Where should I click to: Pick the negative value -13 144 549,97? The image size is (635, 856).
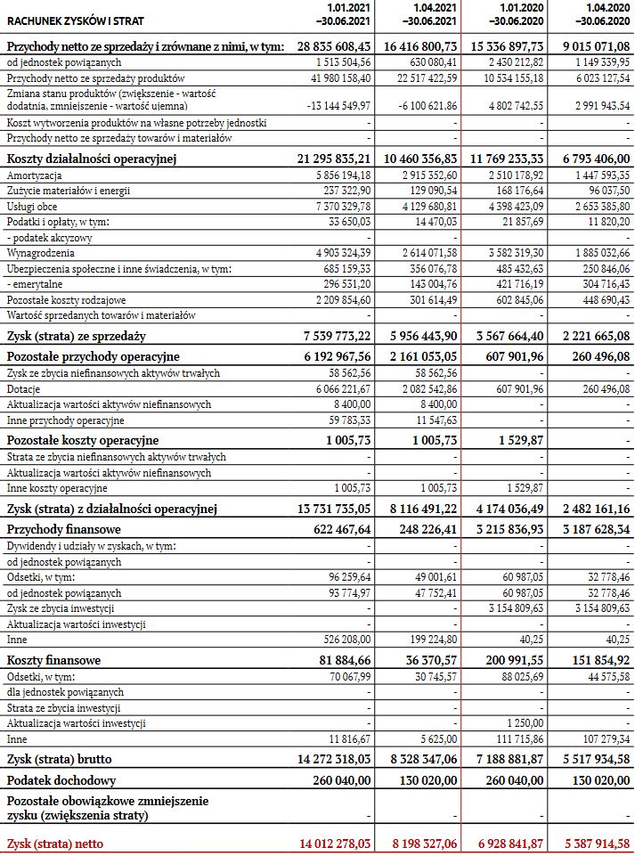point(338,105)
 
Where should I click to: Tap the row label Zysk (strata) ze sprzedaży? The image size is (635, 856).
point(77,337)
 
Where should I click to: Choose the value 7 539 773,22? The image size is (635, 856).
point(337,337)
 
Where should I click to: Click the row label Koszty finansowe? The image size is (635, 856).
point(54,661)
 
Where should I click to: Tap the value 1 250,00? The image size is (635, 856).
point(524,723)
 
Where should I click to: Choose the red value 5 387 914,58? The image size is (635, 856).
point(591,843)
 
